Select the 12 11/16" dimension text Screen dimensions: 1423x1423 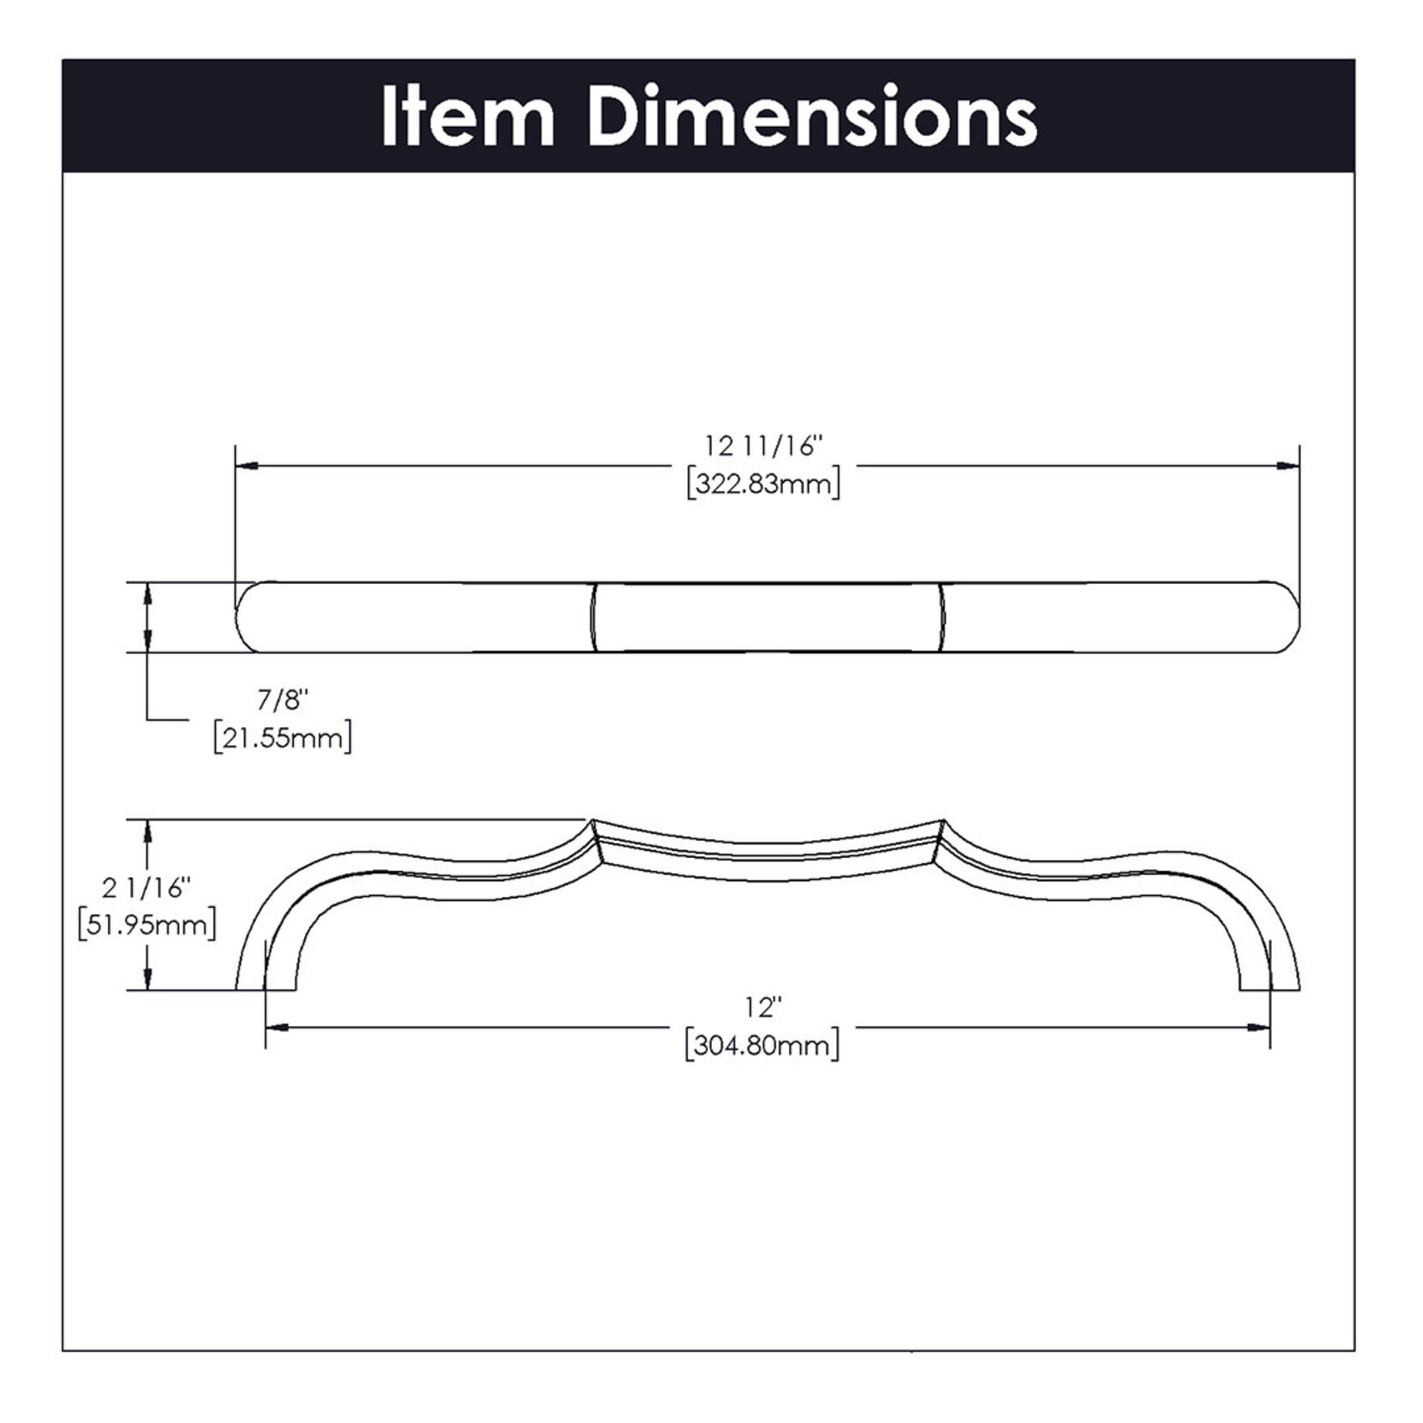point(763,446)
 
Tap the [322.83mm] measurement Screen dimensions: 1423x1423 point(763,483)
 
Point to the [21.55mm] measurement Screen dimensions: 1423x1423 point(283,738)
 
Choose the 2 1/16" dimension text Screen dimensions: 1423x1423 point(146,886)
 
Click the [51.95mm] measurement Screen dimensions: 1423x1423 point(146,925)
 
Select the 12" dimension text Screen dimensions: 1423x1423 point(763,1006)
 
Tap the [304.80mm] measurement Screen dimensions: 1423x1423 point(763,1046)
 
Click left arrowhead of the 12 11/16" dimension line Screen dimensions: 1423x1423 point(246,466)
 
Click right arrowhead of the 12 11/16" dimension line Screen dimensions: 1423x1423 point(1289,466)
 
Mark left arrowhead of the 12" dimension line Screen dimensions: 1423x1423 point(276,1027)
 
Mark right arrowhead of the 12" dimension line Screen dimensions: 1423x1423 point(1260,1027)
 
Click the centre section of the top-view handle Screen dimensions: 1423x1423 point(767,617)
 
